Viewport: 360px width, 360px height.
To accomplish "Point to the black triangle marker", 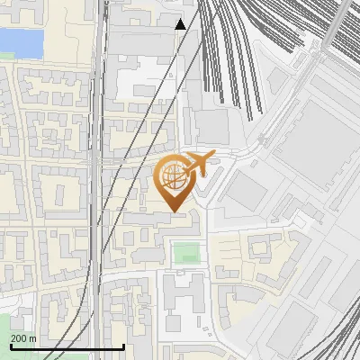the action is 181,24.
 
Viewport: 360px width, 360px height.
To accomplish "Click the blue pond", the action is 20,41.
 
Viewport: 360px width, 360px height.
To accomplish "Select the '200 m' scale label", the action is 23,338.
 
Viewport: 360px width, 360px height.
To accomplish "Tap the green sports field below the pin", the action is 186,252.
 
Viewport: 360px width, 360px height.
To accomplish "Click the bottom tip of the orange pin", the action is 175,211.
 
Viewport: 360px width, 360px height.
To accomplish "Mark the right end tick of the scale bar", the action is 123,345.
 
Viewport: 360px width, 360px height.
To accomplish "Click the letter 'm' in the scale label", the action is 32,338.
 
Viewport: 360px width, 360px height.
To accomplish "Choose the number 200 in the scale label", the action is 19,338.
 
